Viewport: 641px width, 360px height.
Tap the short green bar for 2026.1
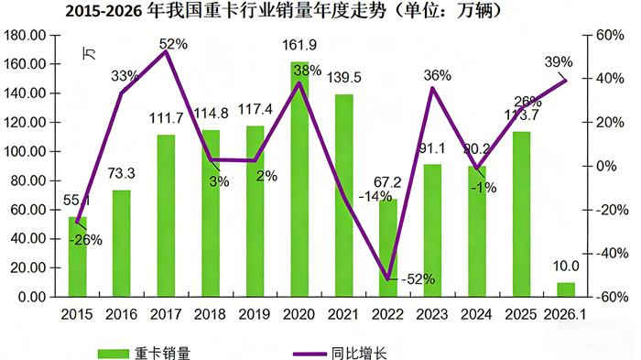click(567, 289)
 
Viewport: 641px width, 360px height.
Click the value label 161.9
click(299, 44)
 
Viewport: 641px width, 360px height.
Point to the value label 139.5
click(344, 77)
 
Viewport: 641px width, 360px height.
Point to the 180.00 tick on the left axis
click(27, 35)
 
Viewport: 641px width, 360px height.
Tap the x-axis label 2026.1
click(568, 314)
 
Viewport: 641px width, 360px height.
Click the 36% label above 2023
click(437, 76)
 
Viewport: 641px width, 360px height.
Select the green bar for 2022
click(388, 248)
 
